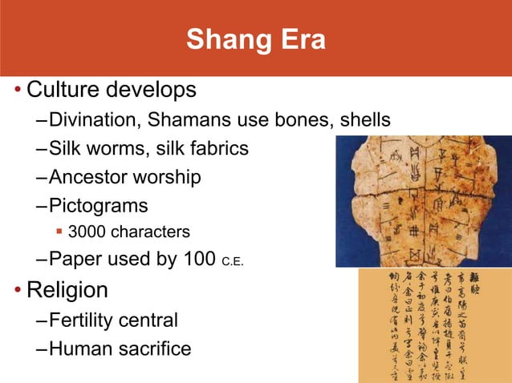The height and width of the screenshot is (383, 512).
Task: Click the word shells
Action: [362, 120]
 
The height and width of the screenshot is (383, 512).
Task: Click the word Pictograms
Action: [98, 205]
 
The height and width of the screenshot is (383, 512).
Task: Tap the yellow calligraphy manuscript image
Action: [434, 325]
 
